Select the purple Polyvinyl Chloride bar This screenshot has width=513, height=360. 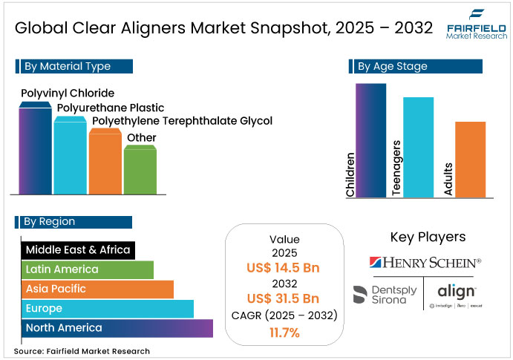pyautogui.click(x=36, y=148)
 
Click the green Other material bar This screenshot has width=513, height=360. pyautogui.click(x=140, y=170)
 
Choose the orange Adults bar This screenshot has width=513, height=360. pyautogui.click(x=470, y=159)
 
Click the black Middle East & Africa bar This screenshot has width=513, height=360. pyautogui.click(x=78, y=250)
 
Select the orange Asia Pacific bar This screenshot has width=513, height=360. pyautogui.click(x=97, y=289)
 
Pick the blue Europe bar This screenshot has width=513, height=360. pyautogui.click(x=107, y=308)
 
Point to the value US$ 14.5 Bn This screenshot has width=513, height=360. pyautogui.click(x=284, y=268)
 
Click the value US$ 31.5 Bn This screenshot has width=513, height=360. pyautogui.click(x=284, y=299)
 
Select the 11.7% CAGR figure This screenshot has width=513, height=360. pyautogui.click(x=284, y=333)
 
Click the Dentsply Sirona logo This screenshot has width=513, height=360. pyautogui.click(x=385, y=295)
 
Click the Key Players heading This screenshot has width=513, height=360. pyautogui.click(x=428, y=238)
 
